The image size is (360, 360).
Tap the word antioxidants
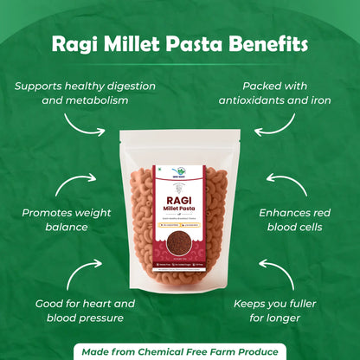click(x=256, y=101)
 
